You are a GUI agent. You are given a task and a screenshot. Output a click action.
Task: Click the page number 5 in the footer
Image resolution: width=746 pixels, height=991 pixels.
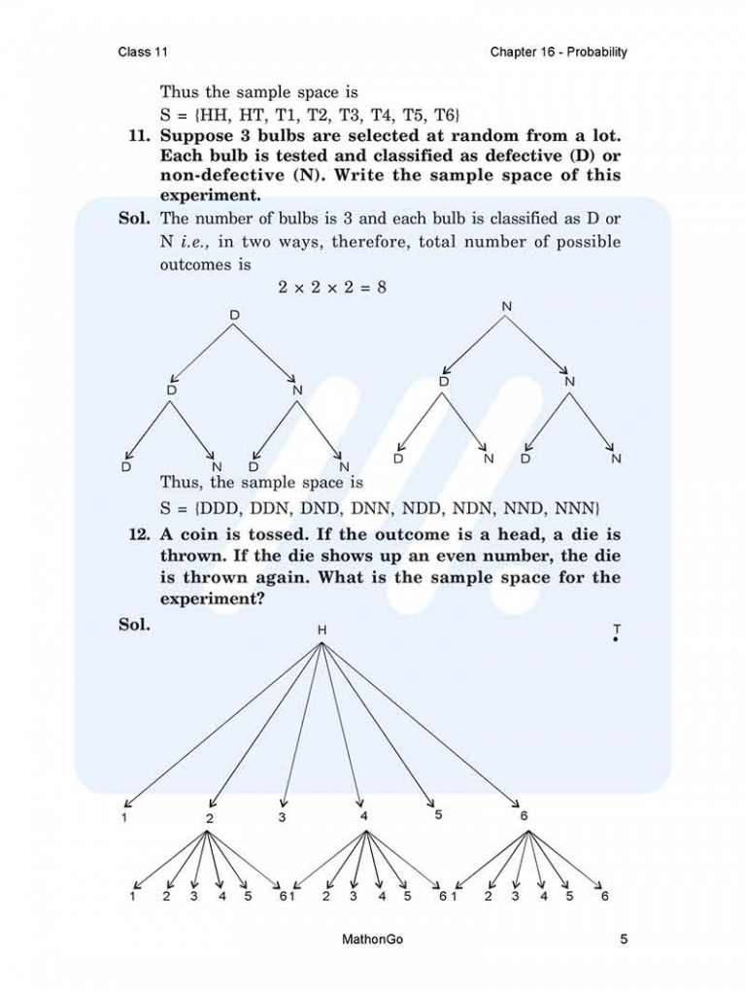click(624, 940)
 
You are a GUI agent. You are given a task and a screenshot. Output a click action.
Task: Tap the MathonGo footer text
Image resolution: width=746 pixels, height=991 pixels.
click(373, 940)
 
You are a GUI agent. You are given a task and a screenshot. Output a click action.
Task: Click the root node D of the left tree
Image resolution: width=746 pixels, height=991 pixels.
click(233, 315)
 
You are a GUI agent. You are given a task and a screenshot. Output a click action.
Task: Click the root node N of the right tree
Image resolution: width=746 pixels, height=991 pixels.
click(506, 307)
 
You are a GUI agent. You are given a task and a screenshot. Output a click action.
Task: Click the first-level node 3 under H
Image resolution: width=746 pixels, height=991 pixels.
click(282, 817)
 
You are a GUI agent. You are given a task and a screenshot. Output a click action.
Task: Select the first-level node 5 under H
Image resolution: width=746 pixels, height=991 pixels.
click(438, 814)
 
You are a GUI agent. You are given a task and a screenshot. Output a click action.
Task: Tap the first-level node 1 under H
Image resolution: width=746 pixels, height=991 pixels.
click(125, 817)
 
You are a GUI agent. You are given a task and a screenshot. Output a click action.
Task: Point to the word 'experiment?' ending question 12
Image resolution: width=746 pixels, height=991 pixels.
click(212, 599)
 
